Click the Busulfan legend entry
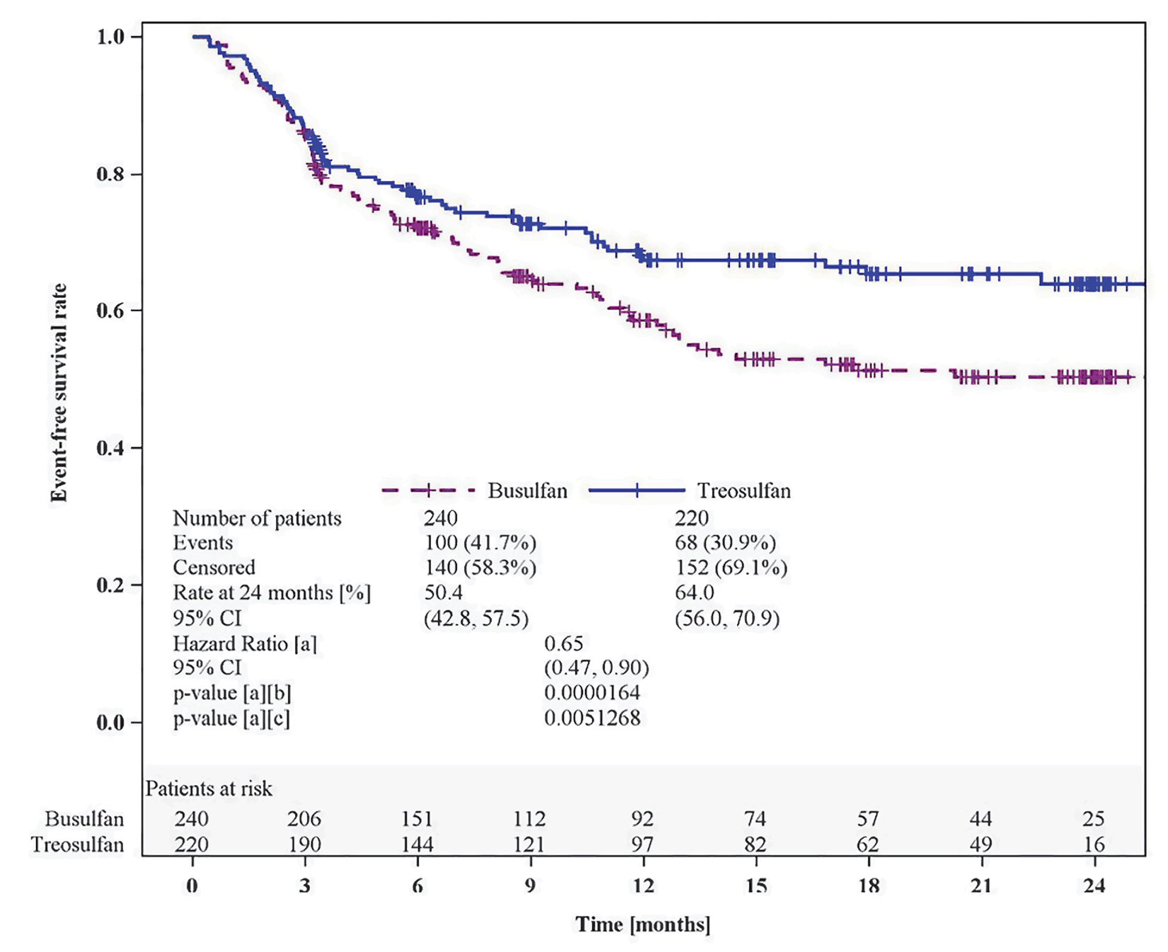click(x=527, y=491)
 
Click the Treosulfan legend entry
click(x=743, y=491)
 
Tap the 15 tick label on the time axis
click(x=756, y=886)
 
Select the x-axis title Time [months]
click(x=642, y=924)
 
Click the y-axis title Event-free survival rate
click(x=59, y=393)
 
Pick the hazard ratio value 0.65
click(x=563, y=643)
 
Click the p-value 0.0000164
click(x=592, y=692)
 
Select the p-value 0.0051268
click(x=592, y=718)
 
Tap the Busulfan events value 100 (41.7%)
click(x=480, y=543)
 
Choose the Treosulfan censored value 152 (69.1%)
click(x=731, y=568)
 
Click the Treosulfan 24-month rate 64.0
click(x=694, y=592)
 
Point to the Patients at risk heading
click(x=209, y=788)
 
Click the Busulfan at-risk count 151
click(x=417, y=819)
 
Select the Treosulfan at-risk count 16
click(x=1094, y=844)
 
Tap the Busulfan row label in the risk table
click(x=84, y=819)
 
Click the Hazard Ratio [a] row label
click(x=245, y=643)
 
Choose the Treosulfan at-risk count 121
click(x=529, y=844)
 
